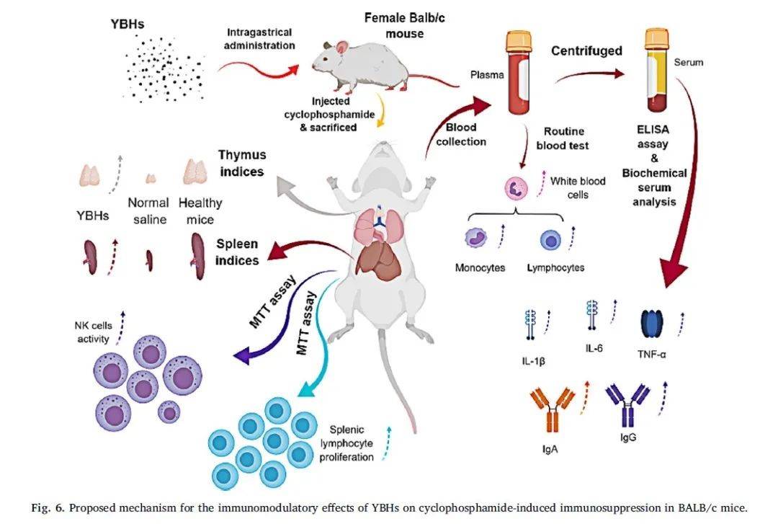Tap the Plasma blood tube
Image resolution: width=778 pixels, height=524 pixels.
pos(521,74)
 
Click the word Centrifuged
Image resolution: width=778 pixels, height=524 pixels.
pos(586,51)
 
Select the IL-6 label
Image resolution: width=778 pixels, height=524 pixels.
pos(594,348)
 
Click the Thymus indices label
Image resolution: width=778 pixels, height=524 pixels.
pos(242,163)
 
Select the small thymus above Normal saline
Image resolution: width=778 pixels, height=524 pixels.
pos(151,178)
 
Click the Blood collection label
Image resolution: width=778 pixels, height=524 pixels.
pos(462,135)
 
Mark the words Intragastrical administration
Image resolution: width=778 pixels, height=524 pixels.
pos(261,39)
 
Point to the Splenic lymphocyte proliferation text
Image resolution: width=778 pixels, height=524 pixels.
pos(352,443)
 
